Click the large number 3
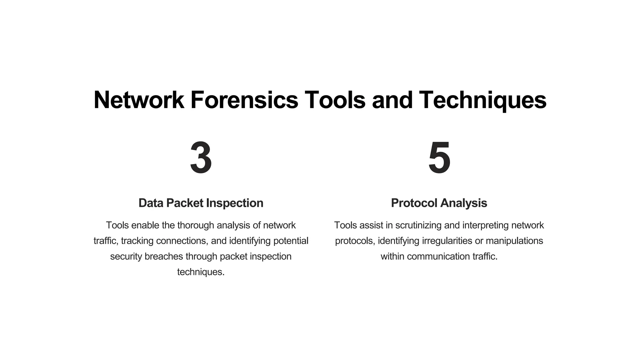tap(201, 158)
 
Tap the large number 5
tap(439, 158)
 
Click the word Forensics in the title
tap(244, 100)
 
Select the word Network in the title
tap(139, 100)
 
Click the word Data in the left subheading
tap(151, 203)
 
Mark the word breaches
tap(164, 257)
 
